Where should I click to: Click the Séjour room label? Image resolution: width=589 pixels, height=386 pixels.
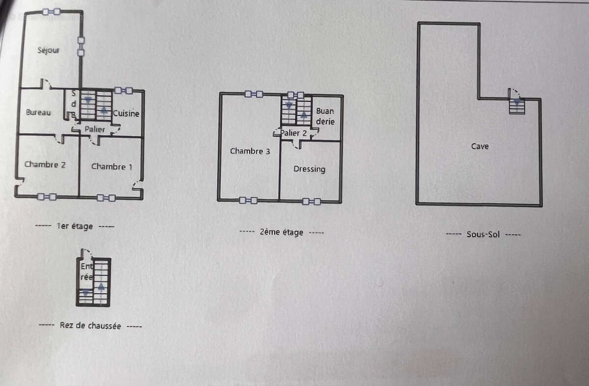(x=49, y=50)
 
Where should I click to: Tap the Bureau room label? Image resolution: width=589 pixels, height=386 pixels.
(x=38, y=112)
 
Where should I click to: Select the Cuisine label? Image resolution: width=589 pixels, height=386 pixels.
(x=126, y=113)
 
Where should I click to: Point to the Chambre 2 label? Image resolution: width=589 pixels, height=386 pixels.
(x=45, y=165)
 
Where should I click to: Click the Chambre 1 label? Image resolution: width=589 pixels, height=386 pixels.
(x=111, y=166)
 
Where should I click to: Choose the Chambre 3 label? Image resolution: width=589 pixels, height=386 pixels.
(x=250, y=151)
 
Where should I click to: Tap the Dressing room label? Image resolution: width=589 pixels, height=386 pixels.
(x=309, y=169)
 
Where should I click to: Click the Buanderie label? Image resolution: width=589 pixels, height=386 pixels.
(x=325, y=116)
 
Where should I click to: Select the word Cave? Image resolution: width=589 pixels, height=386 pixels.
(x=480, y=146)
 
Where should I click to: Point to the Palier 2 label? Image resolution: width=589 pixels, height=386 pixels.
(x=294, y=133)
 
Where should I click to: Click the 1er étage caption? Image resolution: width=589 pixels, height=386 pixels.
(x=75, y=226)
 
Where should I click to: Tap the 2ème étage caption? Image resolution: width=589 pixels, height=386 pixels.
(x=281, y=232)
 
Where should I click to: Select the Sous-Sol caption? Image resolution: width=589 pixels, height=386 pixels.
(x=483, y=234)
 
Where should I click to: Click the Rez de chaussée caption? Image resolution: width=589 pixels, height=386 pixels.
(x=90, y=325)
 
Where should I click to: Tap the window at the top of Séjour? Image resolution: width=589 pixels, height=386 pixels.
(x=52, y=11)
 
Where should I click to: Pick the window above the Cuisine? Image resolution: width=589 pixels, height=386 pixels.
(x=123, y=90)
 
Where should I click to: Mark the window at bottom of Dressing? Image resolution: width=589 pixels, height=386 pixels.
(x=311, y=201)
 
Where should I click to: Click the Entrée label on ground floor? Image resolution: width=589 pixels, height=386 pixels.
(x=86, y=272)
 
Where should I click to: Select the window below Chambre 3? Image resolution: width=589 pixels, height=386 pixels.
(x=248, y=200)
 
